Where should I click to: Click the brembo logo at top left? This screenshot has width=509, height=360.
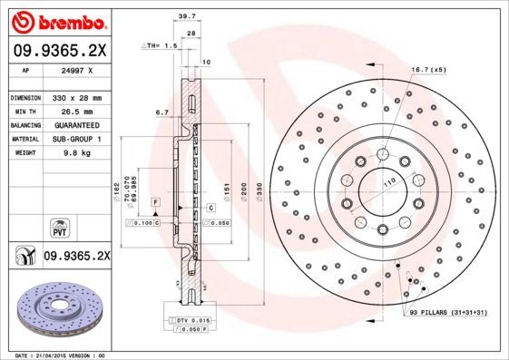[57, 19]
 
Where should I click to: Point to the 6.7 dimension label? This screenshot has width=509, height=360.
[162, 112]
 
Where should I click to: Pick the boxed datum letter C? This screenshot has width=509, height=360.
[210, 209]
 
